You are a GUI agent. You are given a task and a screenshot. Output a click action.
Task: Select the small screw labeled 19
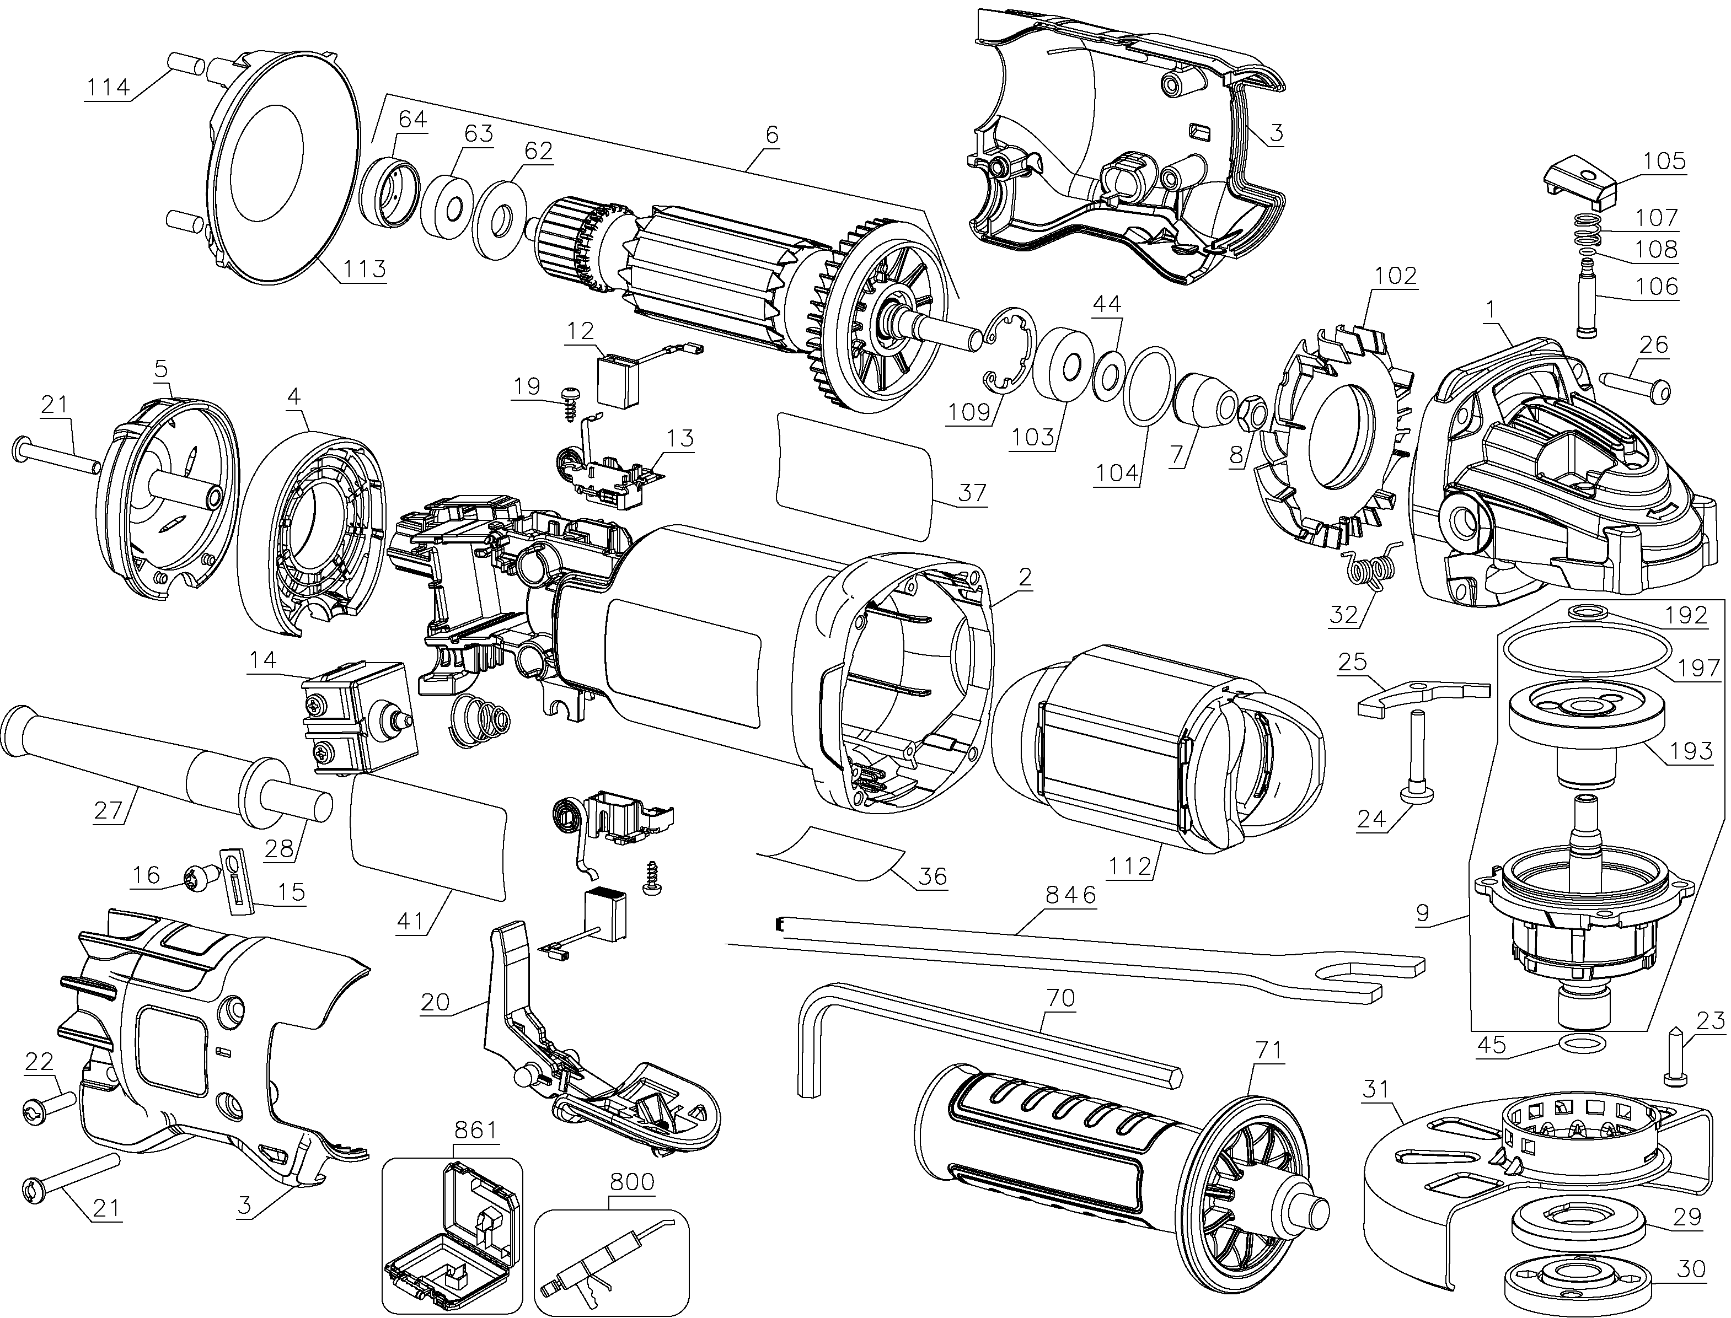click(x=570, y=407)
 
